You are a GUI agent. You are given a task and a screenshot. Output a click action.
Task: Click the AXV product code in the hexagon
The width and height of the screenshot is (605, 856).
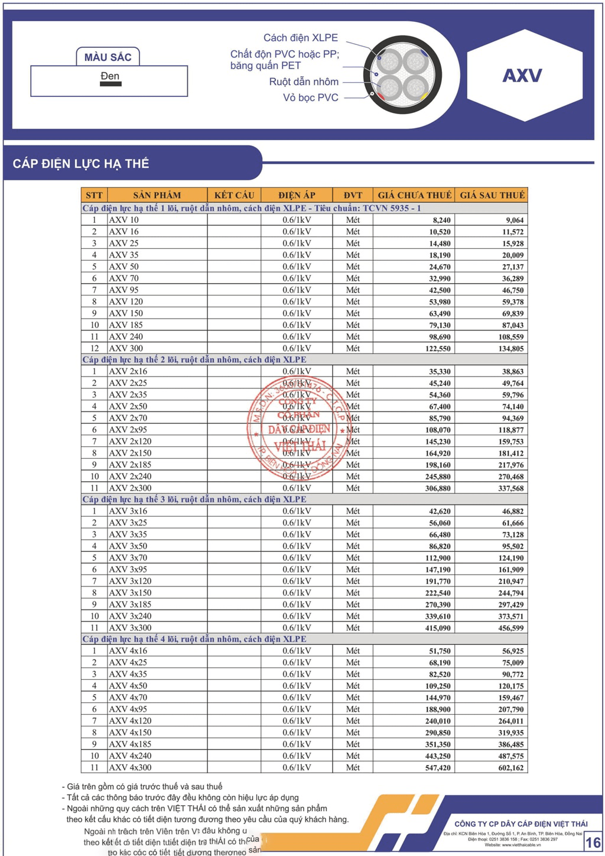[x=522, y=76]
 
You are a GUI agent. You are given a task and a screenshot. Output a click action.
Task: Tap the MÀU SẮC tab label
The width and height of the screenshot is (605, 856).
[x=108, y=57]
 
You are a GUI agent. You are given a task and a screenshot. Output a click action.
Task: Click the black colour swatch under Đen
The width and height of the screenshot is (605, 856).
[x=110, y=84]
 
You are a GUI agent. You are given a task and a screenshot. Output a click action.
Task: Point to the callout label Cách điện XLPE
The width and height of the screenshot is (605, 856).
[x=300, y=38]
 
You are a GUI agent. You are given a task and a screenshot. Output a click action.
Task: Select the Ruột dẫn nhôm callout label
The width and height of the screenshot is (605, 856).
[x=304, y=82]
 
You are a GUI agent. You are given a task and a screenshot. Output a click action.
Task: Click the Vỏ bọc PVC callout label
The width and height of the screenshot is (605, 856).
[x=310, y=98]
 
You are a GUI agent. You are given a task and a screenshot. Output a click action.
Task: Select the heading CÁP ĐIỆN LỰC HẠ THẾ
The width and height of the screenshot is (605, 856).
[x=81, y=164]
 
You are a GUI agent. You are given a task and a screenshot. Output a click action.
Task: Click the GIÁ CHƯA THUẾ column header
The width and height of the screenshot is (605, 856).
[x=414, y=195]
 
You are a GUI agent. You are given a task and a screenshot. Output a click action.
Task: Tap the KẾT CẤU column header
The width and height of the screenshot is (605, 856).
[x=234, y=195]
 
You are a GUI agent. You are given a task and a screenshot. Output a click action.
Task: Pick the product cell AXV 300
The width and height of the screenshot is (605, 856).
[x=126, y=348]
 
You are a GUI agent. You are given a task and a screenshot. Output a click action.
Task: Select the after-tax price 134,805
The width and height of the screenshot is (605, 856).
[x=510, y=349]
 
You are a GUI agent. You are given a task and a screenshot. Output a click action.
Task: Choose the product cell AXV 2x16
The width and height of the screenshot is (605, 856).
[x=128, y=371]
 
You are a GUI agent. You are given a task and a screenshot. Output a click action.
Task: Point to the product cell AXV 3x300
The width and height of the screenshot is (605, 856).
[x=130, y=628]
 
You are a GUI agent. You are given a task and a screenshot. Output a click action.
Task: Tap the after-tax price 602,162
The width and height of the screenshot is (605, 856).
[x=510, y=768]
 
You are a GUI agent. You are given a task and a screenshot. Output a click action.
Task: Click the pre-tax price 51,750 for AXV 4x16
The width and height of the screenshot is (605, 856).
[x=440, y=651]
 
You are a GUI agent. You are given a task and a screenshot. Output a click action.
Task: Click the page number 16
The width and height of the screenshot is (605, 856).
[x=593, y=842]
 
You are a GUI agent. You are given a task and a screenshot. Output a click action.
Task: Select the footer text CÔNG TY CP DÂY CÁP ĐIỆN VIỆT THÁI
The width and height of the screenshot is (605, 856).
[x=521, y=823]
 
